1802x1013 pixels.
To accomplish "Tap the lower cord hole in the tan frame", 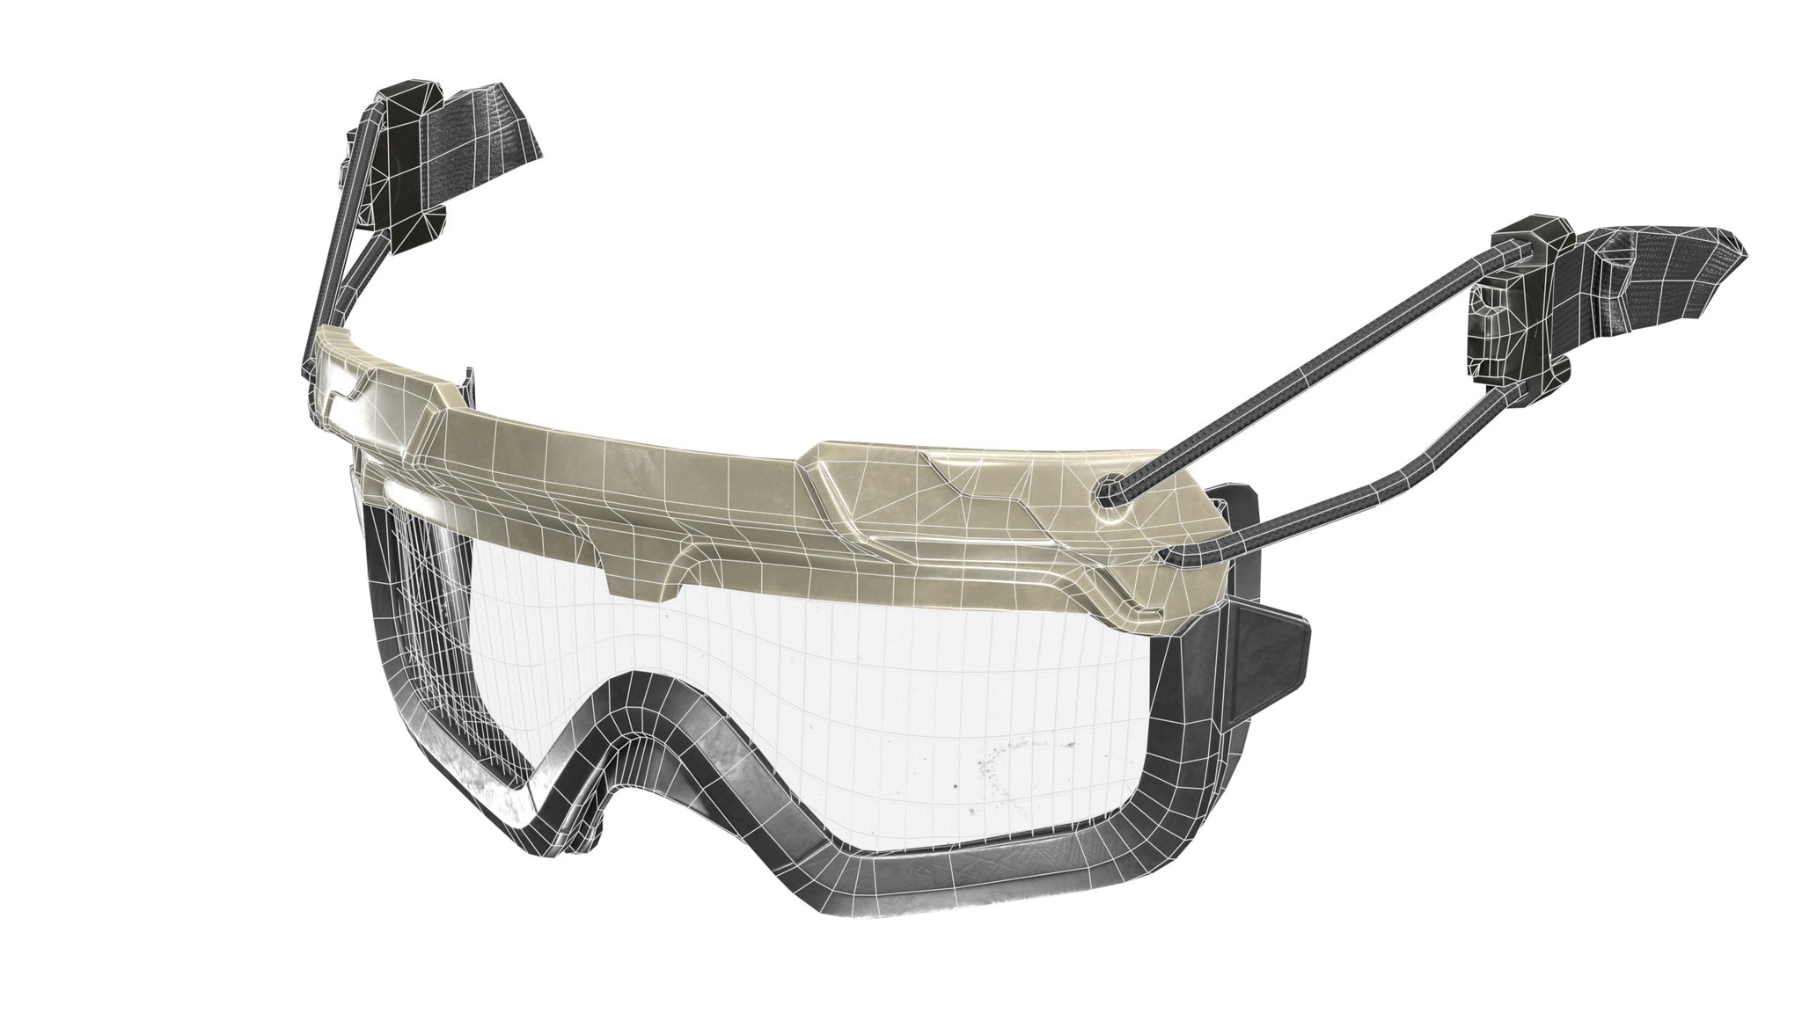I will click(1165, 557).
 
